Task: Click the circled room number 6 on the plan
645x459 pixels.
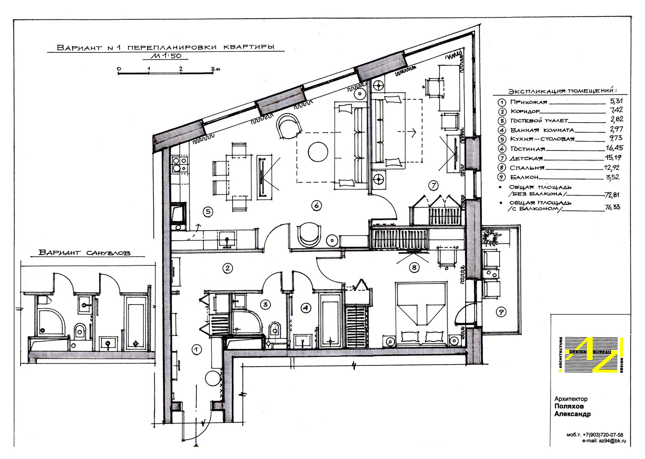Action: (x=316, y=205)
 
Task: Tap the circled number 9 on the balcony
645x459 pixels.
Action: (x=501, y=312)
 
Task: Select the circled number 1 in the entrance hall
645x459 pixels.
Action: (x=196, y=350)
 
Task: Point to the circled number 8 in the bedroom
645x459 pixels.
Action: (x=414, y=268)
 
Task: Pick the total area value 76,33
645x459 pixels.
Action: (x=612, y=207)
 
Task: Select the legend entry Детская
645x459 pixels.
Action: (x=526, y=159)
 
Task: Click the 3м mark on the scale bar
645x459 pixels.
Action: (x=215, y=69)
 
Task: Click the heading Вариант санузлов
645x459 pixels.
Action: (x=85, y=253)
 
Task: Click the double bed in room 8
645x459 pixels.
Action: (x=421, y=314)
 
